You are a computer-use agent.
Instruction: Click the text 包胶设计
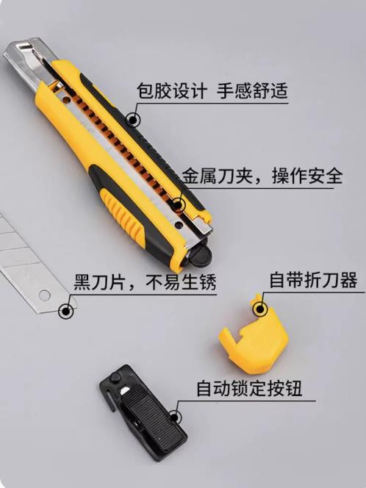(x=172, y=90)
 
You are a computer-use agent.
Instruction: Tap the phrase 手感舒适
(x=252, y=90)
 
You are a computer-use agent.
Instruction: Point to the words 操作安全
(x=307, y=176)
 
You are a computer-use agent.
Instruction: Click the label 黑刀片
(x=100, y=281)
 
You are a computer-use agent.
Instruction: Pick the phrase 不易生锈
(x=181, y=281)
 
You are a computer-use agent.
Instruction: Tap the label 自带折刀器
(x=313, y=280)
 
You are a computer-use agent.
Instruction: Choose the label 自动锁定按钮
(x=249, y=388)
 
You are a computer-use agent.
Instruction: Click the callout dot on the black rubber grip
(x=133, y=120)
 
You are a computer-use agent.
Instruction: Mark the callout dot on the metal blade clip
(x=178, y=205)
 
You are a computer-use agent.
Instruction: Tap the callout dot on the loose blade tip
(x=66, y=311)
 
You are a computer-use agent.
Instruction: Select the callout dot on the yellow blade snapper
(x=260, y=309)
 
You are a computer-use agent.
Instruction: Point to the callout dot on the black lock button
(x=175, y=417)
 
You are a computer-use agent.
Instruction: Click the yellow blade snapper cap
(x=254, y=337)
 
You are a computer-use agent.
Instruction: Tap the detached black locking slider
(x=143, y=413)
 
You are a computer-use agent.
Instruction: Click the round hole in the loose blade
(x=45, y=295)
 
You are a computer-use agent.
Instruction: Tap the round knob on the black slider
(x=115, y=378)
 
